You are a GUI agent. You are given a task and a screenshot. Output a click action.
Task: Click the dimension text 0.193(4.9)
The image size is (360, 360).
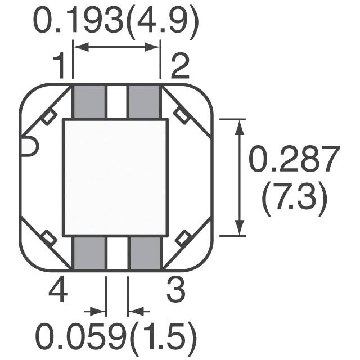116,22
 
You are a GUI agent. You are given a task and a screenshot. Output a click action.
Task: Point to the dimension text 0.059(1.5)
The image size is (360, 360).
116,337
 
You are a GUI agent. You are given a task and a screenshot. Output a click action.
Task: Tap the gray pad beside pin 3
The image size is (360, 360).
145,253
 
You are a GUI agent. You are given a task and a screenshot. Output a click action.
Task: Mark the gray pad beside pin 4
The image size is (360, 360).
90,253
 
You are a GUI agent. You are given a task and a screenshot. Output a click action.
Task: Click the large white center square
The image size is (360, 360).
115,177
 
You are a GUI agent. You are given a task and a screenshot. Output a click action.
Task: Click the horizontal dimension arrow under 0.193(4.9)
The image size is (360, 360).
117,48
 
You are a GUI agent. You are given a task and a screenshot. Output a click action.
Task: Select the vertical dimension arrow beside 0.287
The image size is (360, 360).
241,177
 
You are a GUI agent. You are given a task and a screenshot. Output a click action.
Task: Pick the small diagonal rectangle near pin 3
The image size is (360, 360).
182,240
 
